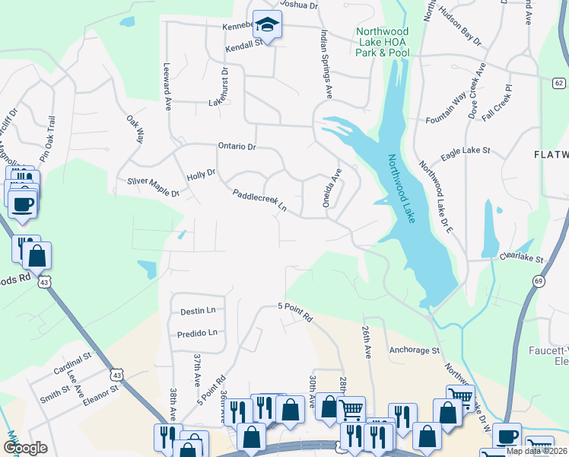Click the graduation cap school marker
pyautogui.click(x=267, y=24)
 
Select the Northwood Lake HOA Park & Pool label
pyautogui.click(x=382, y=42)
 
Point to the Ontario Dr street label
pyautogui.click(x=237, y=146)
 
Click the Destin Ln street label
pyautogui.click(x=198, y=311)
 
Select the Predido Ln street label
pyautogui.click(x=197, y=333)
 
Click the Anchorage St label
pyautogui.click(x=415, y=351)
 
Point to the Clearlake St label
pyautogui.click(x=521, y=258)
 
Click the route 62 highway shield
pyautogui.click(x=559, y=82)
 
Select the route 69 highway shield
pyautogui.click(x=538, y=282)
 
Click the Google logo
pyautogui.click(x=25, y=448)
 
